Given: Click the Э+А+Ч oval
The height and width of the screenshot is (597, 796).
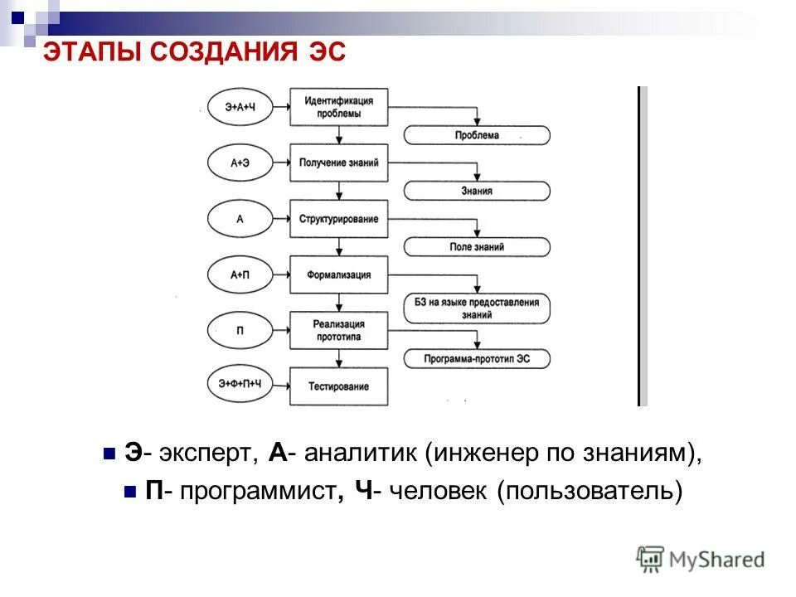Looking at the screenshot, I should point(240,108).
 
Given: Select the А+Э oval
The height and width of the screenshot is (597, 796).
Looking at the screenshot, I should point(240,163).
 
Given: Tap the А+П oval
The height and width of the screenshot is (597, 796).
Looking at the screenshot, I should point(240,274).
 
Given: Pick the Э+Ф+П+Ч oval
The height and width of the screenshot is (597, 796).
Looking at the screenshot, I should point(240,383).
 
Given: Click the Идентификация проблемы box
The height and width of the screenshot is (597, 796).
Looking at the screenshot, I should point(338,107).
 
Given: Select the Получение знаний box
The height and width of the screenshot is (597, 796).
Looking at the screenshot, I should point(338,163).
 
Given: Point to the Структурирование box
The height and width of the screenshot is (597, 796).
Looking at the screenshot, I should point(338,219).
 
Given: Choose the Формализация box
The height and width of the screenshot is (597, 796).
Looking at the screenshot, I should point(338,274).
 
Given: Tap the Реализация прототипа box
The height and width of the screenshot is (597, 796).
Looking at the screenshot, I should point(338,330).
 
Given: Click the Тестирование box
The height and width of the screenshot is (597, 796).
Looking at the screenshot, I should point(338,386).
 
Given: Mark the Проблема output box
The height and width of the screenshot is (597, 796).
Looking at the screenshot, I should point(477,135).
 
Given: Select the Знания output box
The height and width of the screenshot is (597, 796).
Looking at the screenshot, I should point(477,191).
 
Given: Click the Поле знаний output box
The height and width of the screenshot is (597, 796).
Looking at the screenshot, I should point(477,246).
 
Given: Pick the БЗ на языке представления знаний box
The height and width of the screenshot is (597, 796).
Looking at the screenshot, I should point(477,308).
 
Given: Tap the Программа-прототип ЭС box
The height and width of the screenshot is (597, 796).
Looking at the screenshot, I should point(477,359).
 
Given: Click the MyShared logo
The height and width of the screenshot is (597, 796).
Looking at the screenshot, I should point(701,559).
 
